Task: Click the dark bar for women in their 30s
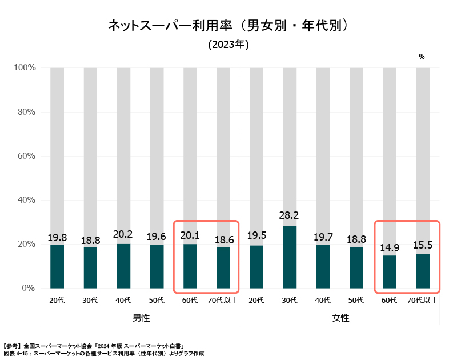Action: pyautogui.click(x=290, y=257)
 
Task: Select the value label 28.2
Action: pyautogui.click(x=290, y=215)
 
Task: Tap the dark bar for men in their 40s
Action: pyautogui.click(x=123, y=266)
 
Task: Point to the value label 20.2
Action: pyautogui.click(x=123, y=233)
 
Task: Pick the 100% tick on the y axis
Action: pyautogui.click(x=23, y=67)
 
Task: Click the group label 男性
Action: pyautogui.click(x=141, y=317)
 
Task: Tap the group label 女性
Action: pyautogui.click(x=340, y=317)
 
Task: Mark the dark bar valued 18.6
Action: pyautogui.click(x=223, y=267)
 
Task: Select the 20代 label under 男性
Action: pyautogui.click(x=57, y=300)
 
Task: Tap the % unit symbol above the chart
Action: pyautogui.click(x=422, y=57)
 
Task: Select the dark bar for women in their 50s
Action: pyautogui.click(x=356, y=267)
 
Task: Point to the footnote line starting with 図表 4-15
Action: pyautogui.click(x=103, y=354)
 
